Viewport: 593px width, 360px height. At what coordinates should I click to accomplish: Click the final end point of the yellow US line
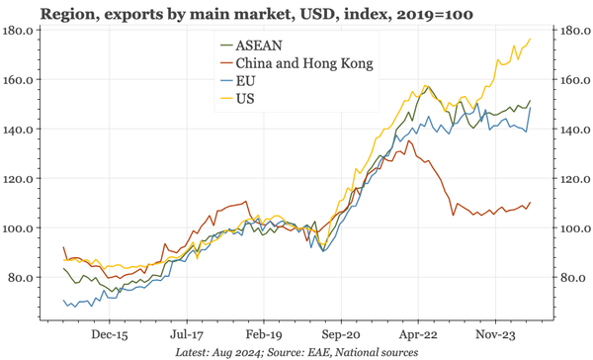531,39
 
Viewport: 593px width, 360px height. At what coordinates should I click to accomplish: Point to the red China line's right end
531,203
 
